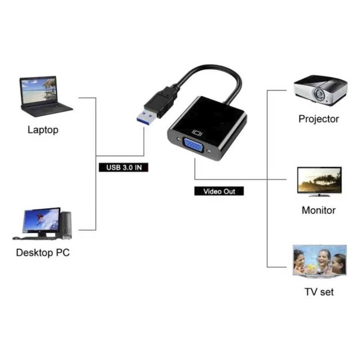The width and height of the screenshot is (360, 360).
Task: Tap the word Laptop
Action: point(43,130)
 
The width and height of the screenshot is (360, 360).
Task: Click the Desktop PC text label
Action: point(43,252)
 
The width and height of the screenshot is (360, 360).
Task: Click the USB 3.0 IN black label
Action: point(123,168)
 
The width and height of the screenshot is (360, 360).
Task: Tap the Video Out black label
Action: point(219,191)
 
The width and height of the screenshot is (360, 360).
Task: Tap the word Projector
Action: point(319,119)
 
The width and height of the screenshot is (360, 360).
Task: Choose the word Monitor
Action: point(319,210)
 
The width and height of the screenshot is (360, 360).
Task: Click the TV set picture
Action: point(319,261)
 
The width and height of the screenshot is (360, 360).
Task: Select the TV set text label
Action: point(319,292)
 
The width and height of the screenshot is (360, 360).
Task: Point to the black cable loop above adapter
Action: point(211,72)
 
